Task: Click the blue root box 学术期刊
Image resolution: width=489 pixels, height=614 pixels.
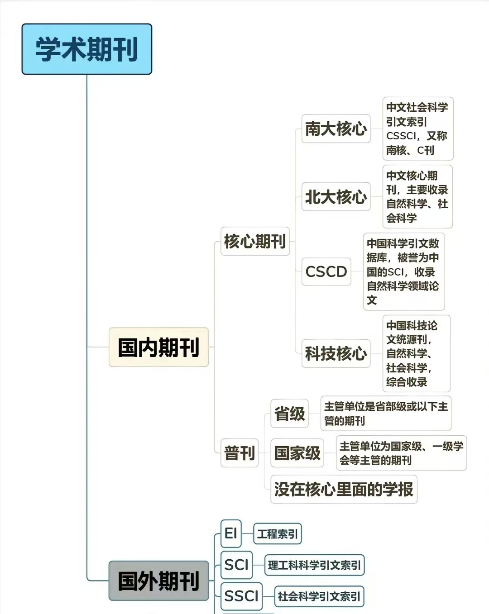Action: [87, 49]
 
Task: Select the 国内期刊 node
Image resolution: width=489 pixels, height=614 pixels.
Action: [159, 347]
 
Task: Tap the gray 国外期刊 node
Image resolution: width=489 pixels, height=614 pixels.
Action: [159, 581]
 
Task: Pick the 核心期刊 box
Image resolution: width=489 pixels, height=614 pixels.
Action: [255, 241]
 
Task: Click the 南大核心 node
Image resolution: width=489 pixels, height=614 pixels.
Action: [336, 129]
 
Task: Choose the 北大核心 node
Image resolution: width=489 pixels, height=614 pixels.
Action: [336, 196]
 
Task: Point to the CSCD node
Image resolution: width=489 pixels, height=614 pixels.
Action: [326, 271]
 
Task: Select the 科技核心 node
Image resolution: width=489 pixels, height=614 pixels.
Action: [336, 353]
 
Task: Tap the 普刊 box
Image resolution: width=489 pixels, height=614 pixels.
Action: [240, 453]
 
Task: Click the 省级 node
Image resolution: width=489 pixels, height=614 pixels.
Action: [289, 413]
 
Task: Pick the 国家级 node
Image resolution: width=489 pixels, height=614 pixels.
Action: [297, 453]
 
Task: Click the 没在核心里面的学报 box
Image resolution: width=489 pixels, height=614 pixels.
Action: [344, 489]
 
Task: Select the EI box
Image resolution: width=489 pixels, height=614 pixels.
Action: [231, 533]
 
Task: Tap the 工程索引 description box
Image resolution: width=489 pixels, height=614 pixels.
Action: [278, 533]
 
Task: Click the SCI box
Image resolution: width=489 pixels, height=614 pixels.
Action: [237, 565]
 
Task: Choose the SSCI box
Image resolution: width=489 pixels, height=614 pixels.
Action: [241, 596]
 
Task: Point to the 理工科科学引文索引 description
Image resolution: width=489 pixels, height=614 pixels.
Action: [315, 565]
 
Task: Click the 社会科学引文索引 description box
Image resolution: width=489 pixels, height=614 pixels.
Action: [319, 596]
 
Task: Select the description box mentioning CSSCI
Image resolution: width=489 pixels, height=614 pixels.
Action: [418, 129]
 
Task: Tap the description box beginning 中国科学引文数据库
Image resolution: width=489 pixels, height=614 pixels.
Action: [404, 271]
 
